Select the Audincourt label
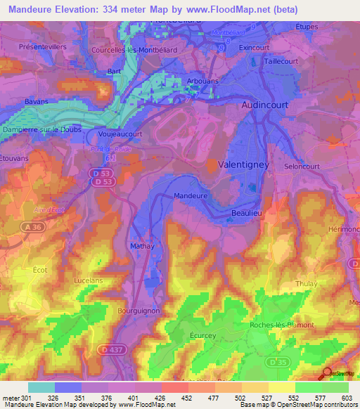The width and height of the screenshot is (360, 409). pyautogui.click(x=266, y=104)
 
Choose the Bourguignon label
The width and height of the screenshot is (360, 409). pyautogui.click(x=141, y=309)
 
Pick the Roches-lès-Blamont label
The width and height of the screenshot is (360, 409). pyautogui.click(x=281, y=325)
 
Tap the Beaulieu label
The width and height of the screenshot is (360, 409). pyautogui.click(x=246, y=212)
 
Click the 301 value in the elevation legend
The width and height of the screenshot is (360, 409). pyautogui.click(x=27, y=398)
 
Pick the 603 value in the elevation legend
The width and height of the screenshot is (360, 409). pyautogui.click(x=349, y=398)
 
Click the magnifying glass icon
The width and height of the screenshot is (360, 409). pyautogui.click(x=326, y=373)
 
